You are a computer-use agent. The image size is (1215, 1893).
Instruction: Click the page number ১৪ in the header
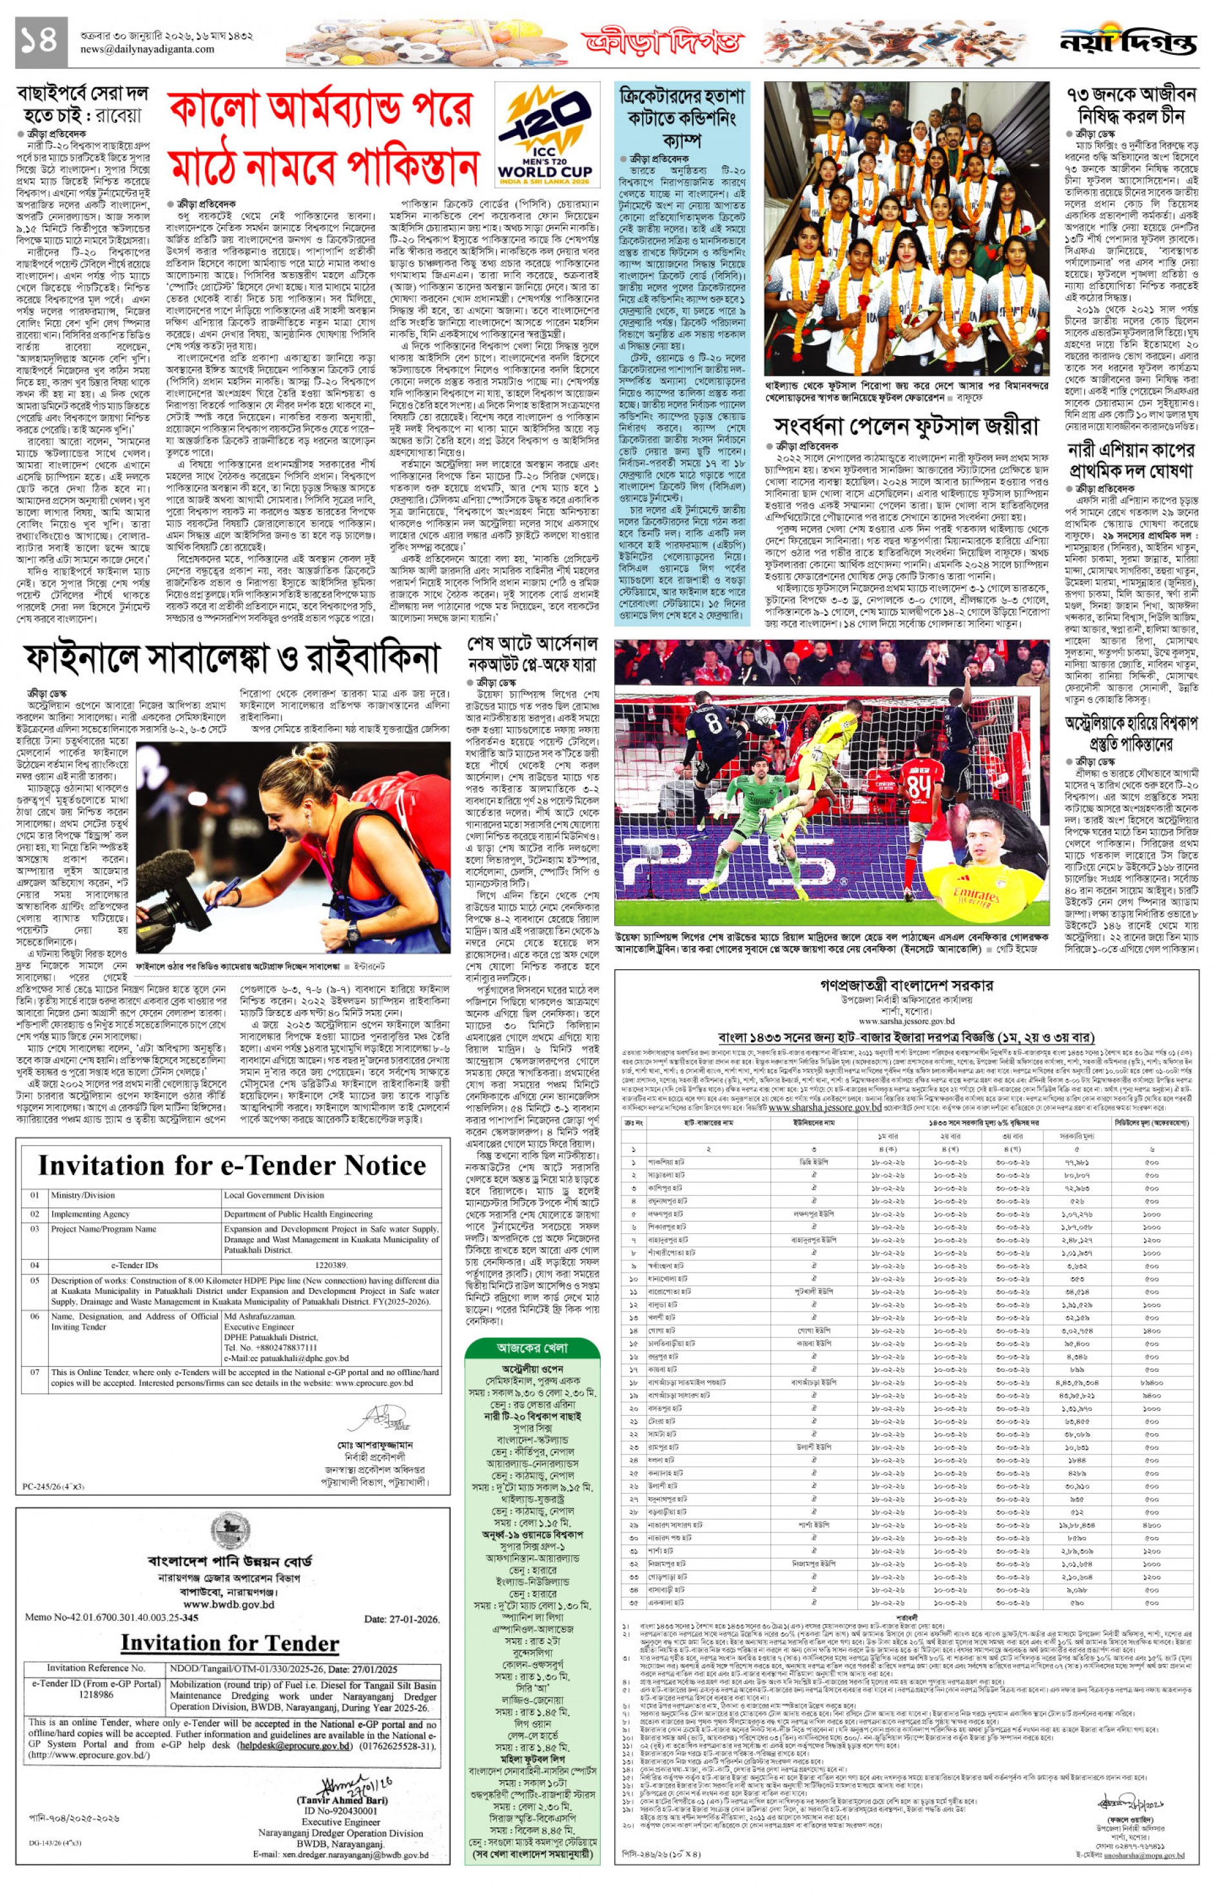click(39, 39)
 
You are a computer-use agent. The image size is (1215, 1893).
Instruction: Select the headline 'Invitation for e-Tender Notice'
click(232, 1165)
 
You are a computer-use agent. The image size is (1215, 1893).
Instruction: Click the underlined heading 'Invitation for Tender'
click(229, 1643)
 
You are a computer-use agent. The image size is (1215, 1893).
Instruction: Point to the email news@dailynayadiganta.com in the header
click(147, 49)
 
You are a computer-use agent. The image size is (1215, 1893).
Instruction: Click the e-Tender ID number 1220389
click(331, 1265)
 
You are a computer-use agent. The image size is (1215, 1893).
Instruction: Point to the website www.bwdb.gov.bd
click(229, 1604)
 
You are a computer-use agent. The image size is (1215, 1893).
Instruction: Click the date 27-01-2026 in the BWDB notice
click(401, 1618)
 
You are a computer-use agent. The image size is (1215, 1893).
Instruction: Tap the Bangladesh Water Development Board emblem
click(230, 1532)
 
